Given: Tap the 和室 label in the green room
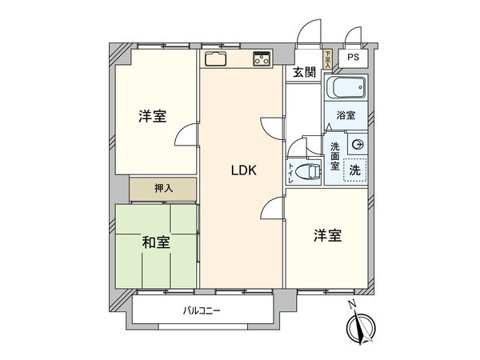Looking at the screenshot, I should [155, 242].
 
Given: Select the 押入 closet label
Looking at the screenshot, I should [163, 189].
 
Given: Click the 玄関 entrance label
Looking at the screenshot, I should [303, 73].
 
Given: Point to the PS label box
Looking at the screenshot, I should [353, 58].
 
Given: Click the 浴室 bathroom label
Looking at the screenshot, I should [346, 115].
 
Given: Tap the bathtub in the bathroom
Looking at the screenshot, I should [346, 87].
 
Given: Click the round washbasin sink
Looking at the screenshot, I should [358, 144].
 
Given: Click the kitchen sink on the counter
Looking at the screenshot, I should [217, 58].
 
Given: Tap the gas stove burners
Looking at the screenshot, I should [262, 58].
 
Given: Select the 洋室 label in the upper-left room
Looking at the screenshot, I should [152, 117].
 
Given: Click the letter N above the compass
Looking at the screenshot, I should [350, 304].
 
